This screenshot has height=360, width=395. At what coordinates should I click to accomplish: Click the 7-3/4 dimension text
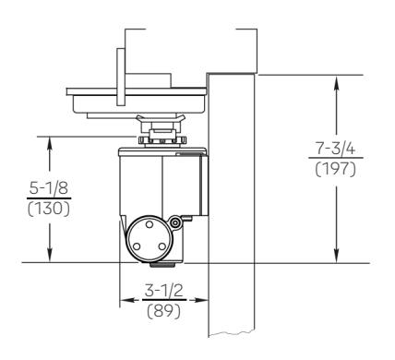pyautogui.click(x=336, y=149)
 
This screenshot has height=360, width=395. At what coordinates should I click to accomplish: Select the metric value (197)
pyautogui.click(x=336, y=169)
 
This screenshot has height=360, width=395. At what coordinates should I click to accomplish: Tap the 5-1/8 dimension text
pyautogui.click(x=49, y=188)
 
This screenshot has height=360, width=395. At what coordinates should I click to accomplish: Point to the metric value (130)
pyautogui.click(x=49, y=210)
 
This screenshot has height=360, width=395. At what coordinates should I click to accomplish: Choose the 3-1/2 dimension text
pyautogui.click(x=164, y=290)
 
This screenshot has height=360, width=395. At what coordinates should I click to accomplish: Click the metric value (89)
pyautogui.click(x=164, y=311)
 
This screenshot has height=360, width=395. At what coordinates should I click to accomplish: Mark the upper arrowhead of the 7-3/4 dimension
pyautogui.click(x=337, y=83)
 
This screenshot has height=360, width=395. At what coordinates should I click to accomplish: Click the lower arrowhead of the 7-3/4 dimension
pyautogui.click(x=337, y=255)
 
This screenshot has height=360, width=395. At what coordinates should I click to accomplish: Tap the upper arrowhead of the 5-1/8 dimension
pyautogui.click(x=50, y=144)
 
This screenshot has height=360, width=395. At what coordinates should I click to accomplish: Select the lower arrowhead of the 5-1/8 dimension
pyautogui.click(x=50, y=255)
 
